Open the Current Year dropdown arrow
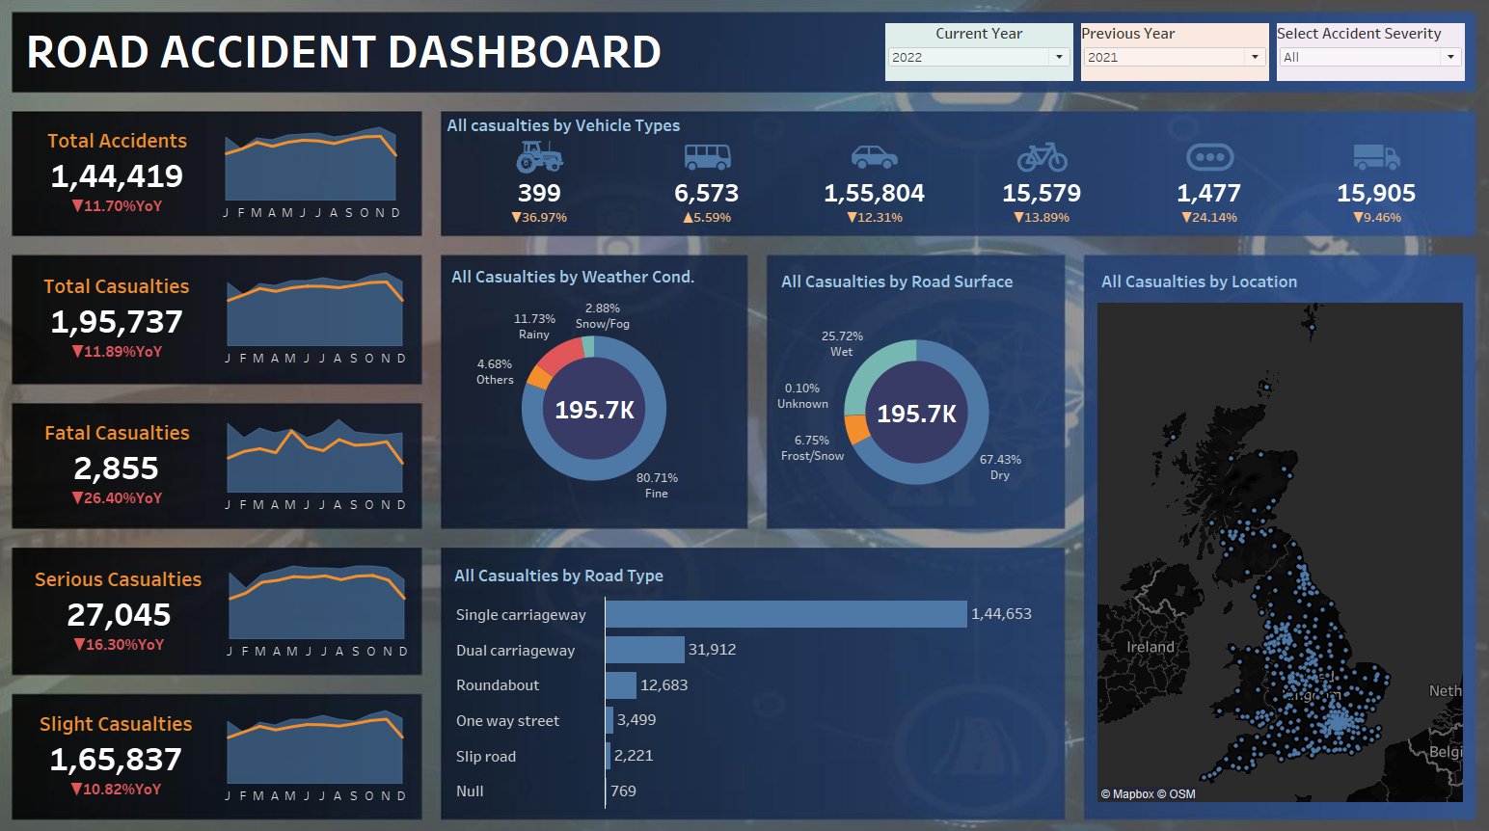click(x=1059, y=57)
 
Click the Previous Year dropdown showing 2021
click(x=1174, y=57)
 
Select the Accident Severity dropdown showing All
click(x=1369, y=57)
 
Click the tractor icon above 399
click(x=540, y=157)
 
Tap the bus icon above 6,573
click(x=707, y=157)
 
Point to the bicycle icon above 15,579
click(x=1042, y=157)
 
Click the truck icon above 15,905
click(x=1377, y=157)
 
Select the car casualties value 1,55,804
click(x=874, y=194)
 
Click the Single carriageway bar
click(x=786, y=614)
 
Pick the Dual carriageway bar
click(x=645, y=650)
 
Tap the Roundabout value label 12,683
click(x=664, y=684)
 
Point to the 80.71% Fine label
click(x=657, y=486)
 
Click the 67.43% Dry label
click(x=1000, y=467)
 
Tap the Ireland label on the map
click(x=1150, y=647)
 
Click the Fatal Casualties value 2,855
click(x=117, y=469)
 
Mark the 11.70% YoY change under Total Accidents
click(x=117, y=206)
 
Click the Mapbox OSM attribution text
click(x=1148, y=793)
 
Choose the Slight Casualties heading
click(x=116, y=724)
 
